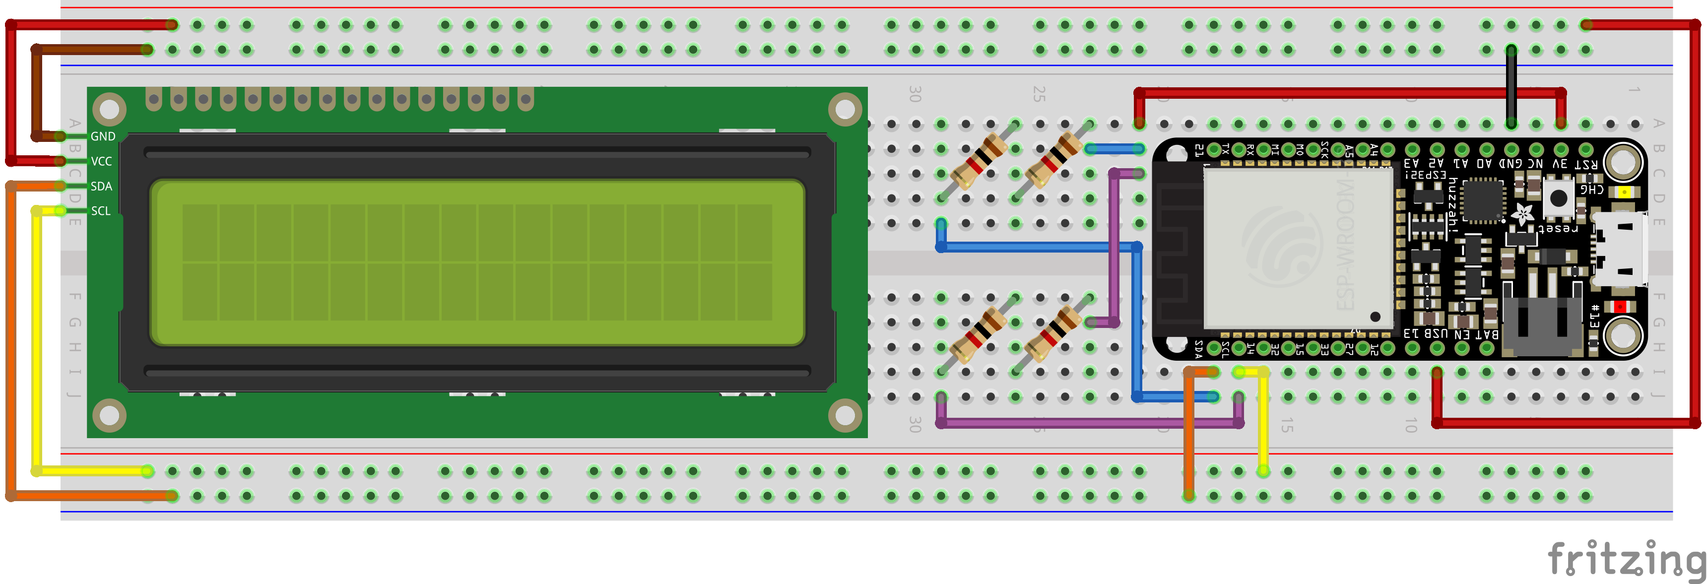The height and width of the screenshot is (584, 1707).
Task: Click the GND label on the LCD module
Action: (103, 136)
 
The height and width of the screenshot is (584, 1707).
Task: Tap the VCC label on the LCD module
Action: (101, 162)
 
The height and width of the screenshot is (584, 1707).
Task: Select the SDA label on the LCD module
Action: (101, 186)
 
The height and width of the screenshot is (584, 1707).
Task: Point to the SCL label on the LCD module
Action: (101, 211)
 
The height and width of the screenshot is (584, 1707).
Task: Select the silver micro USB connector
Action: (1621, 249)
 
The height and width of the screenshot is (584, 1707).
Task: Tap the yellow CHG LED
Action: (1624, 192)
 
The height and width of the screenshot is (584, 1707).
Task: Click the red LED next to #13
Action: (1620, 306)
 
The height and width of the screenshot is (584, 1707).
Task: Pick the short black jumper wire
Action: (1511, 86)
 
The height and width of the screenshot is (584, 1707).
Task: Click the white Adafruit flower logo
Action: (1521, 213)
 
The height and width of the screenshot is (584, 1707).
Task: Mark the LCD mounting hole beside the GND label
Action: (109, 109)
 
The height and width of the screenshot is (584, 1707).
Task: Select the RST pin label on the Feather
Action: (1586, 164)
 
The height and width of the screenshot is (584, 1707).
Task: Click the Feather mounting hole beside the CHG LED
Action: (1623, 161)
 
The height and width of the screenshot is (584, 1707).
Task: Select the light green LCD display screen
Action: (477, 262)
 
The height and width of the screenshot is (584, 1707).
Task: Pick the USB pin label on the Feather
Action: (1436, 334)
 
